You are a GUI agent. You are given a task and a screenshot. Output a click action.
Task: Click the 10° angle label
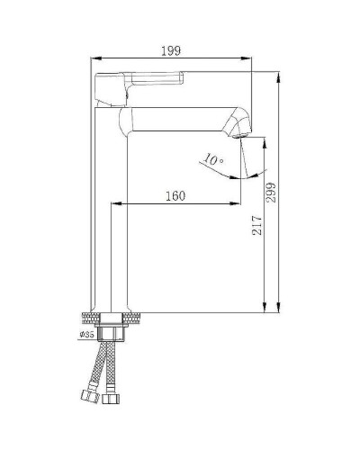coord(214,160)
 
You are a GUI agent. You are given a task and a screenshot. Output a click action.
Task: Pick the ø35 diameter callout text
coord(87,335)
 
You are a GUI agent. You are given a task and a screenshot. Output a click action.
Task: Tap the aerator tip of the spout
coord(241,127)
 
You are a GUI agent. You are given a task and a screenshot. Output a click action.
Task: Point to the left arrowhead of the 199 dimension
coord(95,61)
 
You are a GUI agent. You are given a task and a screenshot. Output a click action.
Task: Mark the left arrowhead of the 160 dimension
coord(114,205)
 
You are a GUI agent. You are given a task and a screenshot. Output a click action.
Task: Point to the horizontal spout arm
coord(180,117)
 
